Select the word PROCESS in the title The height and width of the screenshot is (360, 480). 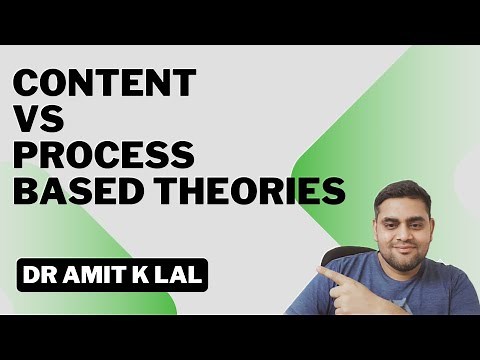pyautogui.click(x=104, y=155)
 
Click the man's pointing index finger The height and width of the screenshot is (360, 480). pyautogui.click(x=325, y=271)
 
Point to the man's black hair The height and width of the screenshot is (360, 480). pyautogui.click(x=402, y=192)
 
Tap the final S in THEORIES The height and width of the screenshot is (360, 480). pyautogui.click(x=334, y=190)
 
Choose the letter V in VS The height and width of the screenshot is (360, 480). pyautogui.click(x=27, y=120)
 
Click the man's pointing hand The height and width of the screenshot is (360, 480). pyautogui.click(x=345, y=280)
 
